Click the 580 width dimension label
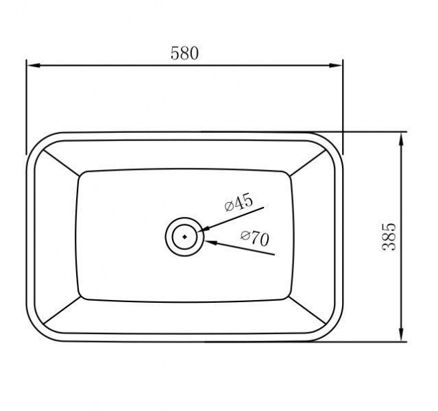184,53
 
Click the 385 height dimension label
389,236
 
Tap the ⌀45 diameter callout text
239,203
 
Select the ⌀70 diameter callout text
254,238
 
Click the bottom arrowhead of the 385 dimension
401,336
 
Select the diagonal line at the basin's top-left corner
57,160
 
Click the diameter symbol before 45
228,207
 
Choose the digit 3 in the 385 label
389,247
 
